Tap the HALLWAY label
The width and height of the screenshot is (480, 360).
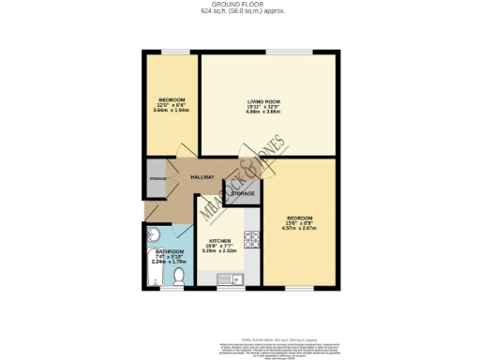point(202,177)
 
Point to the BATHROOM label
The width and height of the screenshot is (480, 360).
point(170,252)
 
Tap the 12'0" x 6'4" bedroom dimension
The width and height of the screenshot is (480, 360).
point(172,105)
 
